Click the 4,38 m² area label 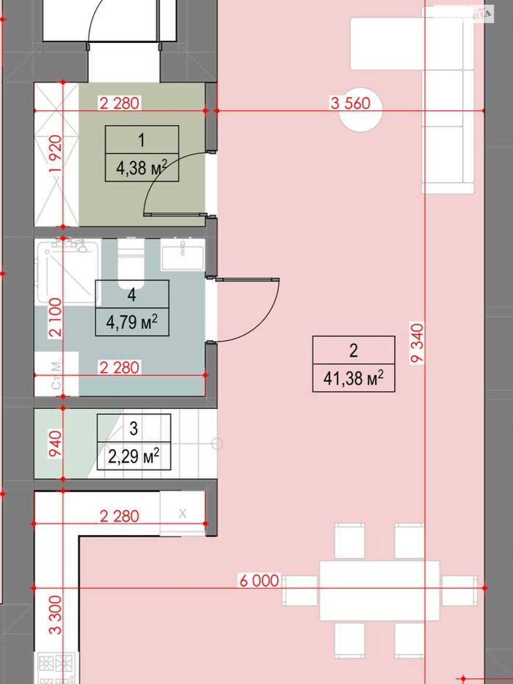pos(142,168)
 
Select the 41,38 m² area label pos(354,378)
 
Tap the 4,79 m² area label pos(132,322)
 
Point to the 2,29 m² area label pos(133,456)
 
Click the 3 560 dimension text pos(351,103)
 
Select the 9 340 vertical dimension pos(417,343)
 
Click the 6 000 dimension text pos(259,581)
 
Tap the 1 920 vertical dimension pos(56,154)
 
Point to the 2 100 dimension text pos(56,317)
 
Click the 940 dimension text pos(56,443)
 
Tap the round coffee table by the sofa pos(360,110)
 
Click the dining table pos(380,590)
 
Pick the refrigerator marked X pos(182,513)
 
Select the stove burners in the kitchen pos(56,667)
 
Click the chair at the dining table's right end pos(459,590)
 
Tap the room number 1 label pos(142,140)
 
